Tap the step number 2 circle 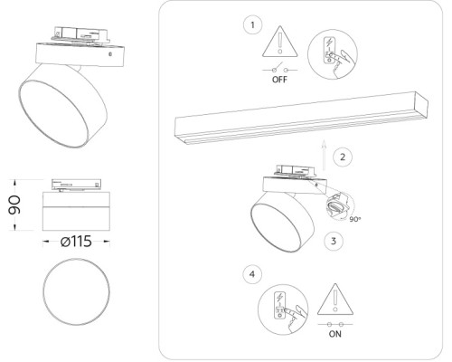[x=341, y=157]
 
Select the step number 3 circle [x=334, y=241]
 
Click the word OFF [x=278, y=80]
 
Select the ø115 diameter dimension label [x=75, y=243]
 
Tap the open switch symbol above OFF [x=278, y=69]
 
